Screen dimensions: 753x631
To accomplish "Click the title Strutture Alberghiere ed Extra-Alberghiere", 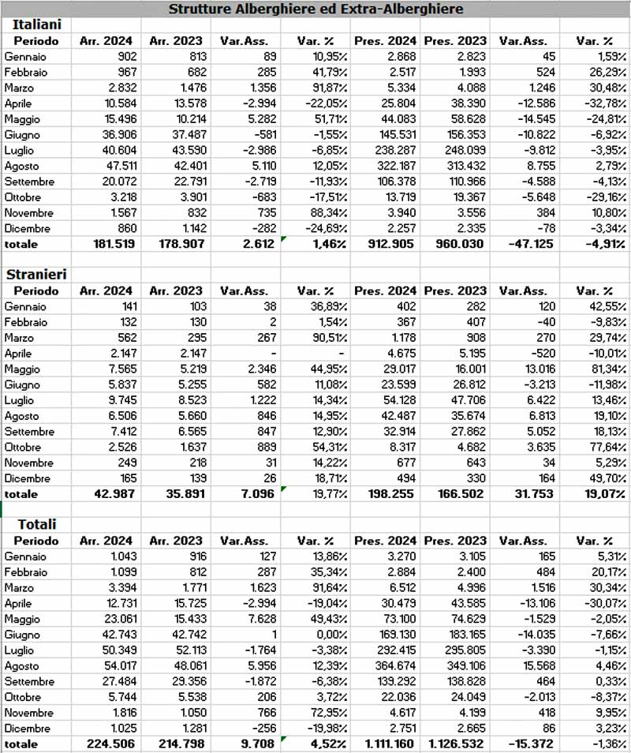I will (315, 9).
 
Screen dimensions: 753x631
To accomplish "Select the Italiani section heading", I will (36, 24).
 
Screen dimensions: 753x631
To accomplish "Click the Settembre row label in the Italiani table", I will (29, 182).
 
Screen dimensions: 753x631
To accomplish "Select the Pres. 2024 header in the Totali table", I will (386, 541).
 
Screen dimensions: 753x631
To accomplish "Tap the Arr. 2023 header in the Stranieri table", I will (175, 290).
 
